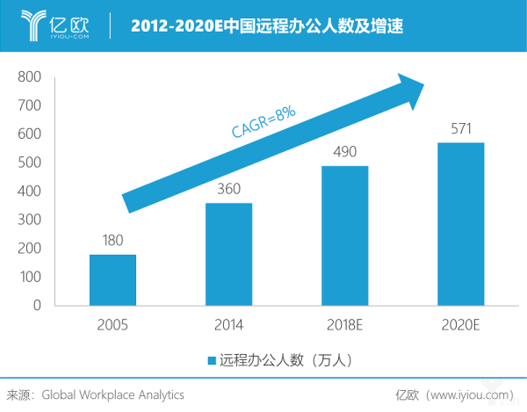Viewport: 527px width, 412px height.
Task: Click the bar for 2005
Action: point(113,279)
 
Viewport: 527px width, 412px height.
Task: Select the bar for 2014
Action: point(228,254)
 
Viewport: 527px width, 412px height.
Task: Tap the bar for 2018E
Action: point(344,235)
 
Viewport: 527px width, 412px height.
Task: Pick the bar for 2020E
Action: point(461,224)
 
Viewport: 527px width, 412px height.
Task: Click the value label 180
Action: point(112,241)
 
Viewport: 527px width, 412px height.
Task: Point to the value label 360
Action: point(228,190)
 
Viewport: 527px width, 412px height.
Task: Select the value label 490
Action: point(344,152)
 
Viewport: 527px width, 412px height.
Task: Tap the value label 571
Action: point(461,129)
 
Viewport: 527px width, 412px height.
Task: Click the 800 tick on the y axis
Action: point(30,77)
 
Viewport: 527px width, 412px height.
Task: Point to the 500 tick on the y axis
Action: point(30,163)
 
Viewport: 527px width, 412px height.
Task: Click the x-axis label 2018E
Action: point(344,325)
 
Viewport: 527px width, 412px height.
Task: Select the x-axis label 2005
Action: point(113,325)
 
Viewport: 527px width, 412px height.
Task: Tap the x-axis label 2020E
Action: point(461,325)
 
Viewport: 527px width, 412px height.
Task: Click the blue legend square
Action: point(212,360)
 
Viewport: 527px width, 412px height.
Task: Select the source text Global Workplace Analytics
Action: point(113,394)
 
